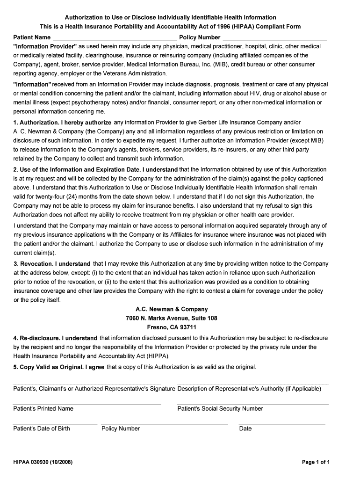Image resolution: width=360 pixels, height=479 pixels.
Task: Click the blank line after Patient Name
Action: coord(115,37)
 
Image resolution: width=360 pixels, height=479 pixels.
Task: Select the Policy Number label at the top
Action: coord(200,37)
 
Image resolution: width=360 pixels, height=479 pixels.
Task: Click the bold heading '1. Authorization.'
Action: coord(62,123)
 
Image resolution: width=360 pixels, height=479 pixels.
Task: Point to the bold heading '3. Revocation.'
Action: coord(52,264)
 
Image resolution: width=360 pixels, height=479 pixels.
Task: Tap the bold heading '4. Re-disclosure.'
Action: coord(55,338)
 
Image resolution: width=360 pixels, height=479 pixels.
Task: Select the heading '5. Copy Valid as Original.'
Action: coord(58,367)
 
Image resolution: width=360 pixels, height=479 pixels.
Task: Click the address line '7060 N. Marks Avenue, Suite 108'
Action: coord(171,318)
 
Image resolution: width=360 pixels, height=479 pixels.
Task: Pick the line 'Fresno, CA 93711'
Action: coord(171,327)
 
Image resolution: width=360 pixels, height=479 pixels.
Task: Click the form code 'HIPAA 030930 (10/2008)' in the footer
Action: coord(43,463)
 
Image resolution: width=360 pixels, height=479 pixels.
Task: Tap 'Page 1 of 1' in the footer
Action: coord(316,463)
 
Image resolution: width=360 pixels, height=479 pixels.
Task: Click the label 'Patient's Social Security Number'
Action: coord(220,409)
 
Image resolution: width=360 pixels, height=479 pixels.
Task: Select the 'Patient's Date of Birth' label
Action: coord(42,428)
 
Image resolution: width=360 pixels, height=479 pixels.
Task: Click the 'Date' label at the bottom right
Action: coord(245,428)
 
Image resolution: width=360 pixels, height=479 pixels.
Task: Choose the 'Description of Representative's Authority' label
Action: coord(249,389)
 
